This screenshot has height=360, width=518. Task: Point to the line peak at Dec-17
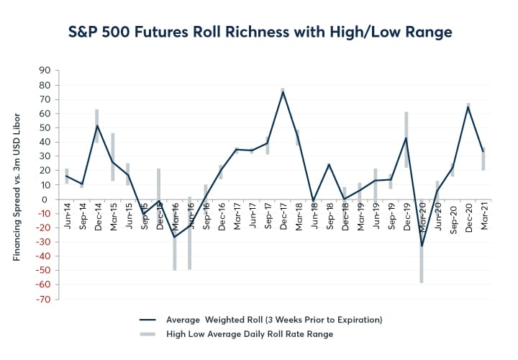[x=283, y=91]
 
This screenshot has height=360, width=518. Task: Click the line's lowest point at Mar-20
[x=422, y=246]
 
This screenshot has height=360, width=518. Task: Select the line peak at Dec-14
[x=97, y=125]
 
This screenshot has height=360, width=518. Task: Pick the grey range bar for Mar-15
[x=113, y=157]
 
